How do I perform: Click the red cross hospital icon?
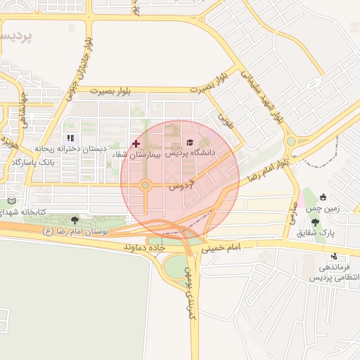coord(136,143)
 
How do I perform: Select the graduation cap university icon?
coord(190,142)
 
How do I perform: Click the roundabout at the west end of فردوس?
coord(146,186)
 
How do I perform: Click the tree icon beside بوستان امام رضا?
coord(75,220)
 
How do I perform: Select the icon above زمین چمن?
coord(323,197)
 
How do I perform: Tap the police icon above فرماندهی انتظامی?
coord(335,257)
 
